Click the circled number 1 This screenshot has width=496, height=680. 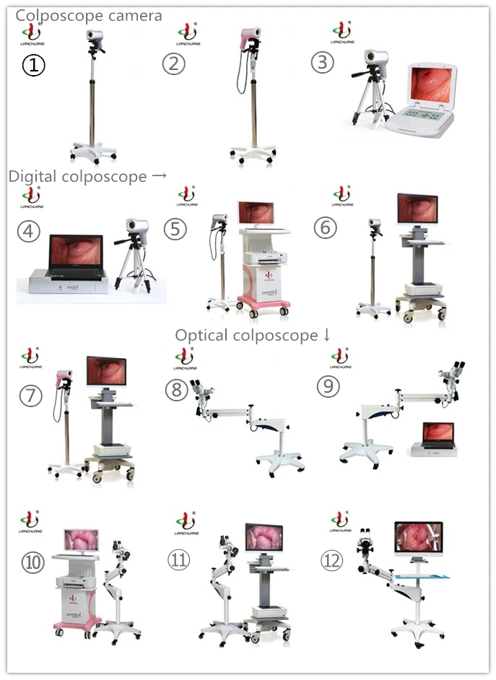pos(33,66)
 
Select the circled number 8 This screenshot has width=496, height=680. pos(176,390)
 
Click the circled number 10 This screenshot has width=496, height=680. pos(33,562)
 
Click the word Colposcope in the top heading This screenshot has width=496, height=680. pos(54,15)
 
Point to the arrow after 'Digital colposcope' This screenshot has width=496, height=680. pos(160,176)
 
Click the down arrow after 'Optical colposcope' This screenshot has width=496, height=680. pos(326,335)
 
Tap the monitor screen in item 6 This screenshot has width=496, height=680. pos(417,209)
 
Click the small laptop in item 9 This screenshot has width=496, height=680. pos(438,437)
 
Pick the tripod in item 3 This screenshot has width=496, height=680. pos(365,101)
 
